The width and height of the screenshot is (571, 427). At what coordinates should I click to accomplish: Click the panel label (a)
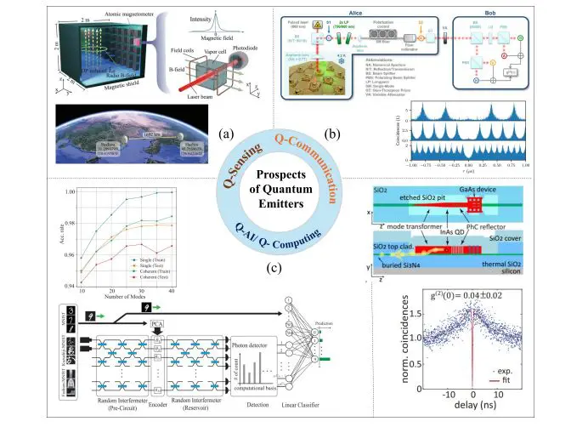tap(227, 134)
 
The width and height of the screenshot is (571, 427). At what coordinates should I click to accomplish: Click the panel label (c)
tap(284, 270)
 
